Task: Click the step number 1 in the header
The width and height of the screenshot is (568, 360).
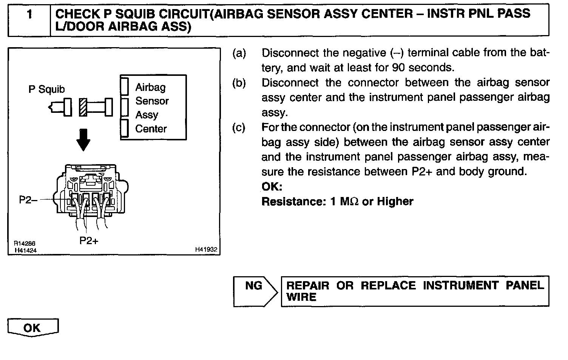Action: [29, 15]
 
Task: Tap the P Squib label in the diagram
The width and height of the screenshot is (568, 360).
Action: [46, 89]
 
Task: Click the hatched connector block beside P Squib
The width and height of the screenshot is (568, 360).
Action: [83, 107]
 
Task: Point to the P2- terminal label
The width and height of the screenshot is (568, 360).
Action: [28, 200]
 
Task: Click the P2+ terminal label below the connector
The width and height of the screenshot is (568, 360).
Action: [89, 240]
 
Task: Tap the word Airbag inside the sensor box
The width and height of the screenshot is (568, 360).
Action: [150, 87]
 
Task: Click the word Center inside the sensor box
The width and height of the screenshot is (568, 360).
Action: [151, 129]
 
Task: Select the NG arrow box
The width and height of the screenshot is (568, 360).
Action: [255, 291]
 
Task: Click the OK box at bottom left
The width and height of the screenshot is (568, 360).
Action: [32, 328]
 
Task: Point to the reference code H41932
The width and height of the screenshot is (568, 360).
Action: [206, 249]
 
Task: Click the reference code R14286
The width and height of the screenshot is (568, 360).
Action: [25, 244]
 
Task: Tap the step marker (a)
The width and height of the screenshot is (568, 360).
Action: [239, 53]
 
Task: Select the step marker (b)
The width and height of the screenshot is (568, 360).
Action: [239, 83]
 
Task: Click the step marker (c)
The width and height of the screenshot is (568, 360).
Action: [239, 127]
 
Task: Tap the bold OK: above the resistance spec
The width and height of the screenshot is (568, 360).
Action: [272, 187]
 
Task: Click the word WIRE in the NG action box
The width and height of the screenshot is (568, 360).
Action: [301, 297]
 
